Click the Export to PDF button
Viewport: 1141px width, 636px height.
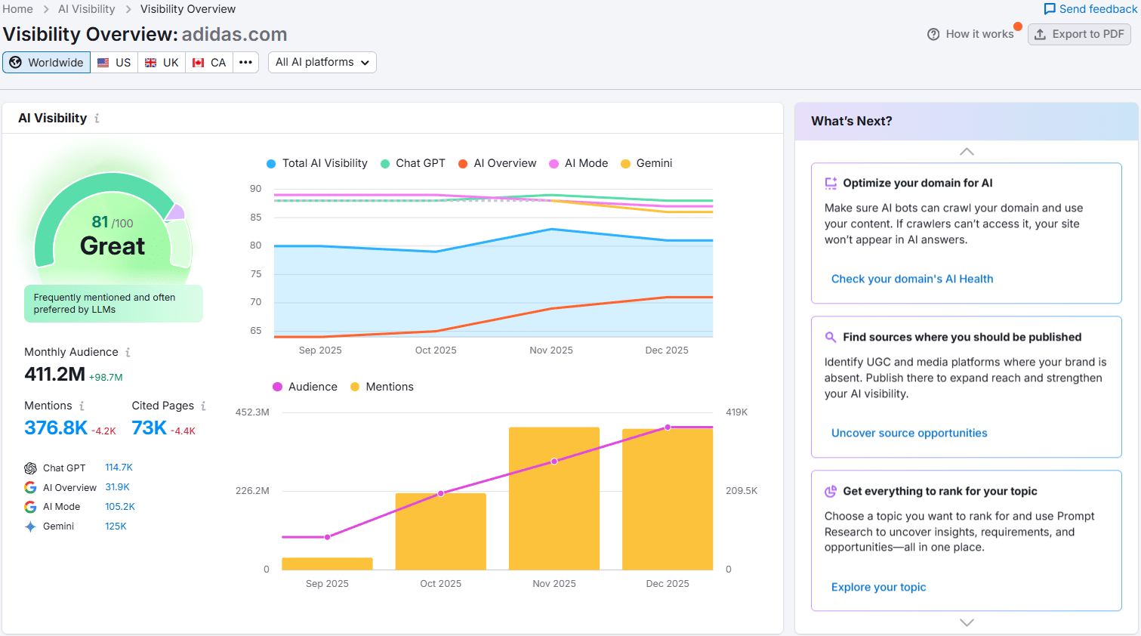click(x=1079, y=34)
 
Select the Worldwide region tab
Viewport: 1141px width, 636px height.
click(x=47, y=63)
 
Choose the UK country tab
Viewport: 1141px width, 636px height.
click(x=162, y=63)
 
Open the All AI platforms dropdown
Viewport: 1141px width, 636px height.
click(x=322, y=63)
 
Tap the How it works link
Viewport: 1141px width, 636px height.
click(x=971, y=34)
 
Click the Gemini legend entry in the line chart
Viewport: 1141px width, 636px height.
click(x=646, y=163)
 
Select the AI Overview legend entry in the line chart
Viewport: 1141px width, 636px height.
click(x=498, y=163)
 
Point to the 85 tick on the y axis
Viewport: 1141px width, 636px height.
click(x=256, y=218)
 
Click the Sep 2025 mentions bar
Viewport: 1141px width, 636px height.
click(x=327, y=563)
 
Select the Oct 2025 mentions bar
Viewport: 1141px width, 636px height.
click(x=441, y=532)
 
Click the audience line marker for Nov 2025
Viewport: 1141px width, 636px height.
click(x=554, y=461)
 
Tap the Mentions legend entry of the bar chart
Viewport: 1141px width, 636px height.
click(x=382, y=387)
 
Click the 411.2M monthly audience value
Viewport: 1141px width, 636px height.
click(x=54, y=374)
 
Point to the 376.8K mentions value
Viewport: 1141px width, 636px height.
click(x=56, y=428)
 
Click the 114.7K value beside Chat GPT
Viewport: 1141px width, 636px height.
click(x=119, y=468)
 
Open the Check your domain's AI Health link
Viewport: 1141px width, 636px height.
click(x=912, y=279)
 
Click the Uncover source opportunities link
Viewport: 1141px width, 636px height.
click(x=909, y=433)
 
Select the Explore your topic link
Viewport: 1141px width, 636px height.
click(x=878, y=587)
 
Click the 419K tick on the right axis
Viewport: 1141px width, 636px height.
click(x=736, y=412)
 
